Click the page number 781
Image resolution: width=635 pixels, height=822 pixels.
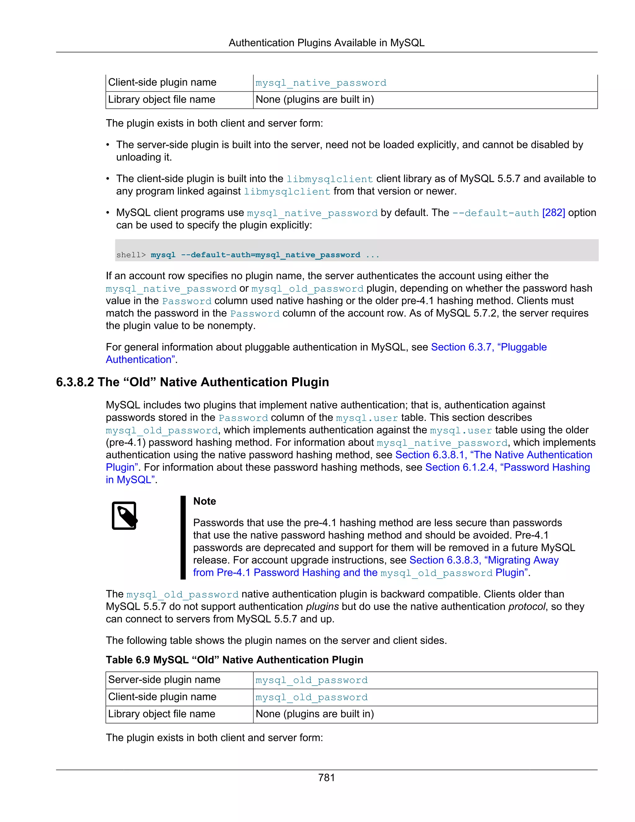pyautogui.click(x=326, y=778)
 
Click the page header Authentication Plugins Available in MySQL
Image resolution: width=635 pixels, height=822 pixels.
pyautogui.click(x=326, y=43)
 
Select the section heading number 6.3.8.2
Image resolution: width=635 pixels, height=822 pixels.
pyautogui.click(x=75, y=382)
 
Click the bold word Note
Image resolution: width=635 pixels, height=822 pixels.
pyautogui.click(x=204, y=501)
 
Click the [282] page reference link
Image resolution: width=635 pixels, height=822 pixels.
pyautogui.click(x=553, y=213)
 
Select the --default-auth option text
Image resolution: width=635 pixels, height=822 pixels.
pyautogui.click(x=495, y=213)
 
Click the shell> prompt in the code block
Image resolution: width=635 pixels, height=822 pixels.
pyautogui.click(x=131, y=255)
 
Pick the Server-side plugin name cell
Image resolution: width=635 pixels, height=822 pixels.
pyautogui.click(x=164, y=680)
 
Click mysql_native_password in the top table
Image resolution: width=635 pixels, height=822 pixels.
pyautogui.click(x=321, y=83)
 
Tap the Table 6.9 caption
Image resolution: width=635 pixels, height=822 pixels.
pyautogui.click(x=234, y=660)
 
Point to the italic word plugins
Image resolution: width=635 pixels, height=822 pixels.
pyautogui.click(x=322, y=606)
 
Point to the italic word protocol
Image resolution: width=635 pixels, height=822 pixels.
pyautogui.click(x=526, y=606)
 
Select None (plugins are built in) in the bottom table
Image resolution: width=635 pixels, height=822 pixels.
pyautogui.click(x=314, y=714)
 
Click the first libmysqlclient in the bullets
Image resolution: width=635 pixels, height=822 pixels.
pyautogui.click(x=330, y=179)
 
